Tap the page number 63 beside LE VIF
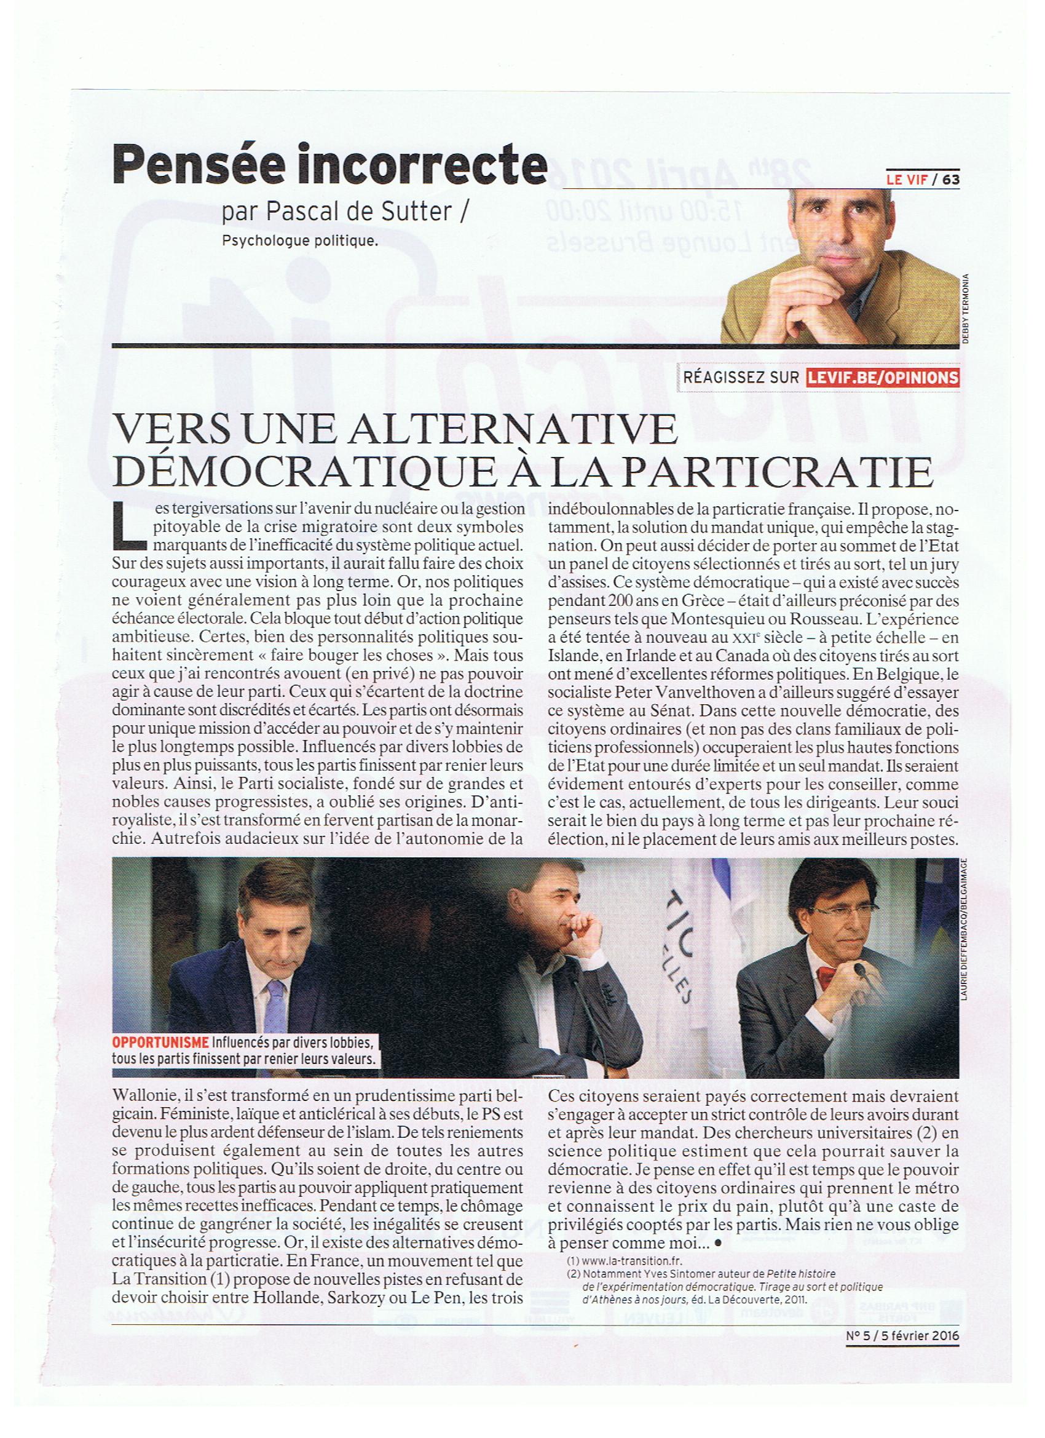950,180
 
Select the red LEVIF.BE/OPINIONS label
883,378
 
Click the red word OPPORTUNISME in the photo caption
160,1041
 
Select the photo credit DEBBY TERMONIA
966,309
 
